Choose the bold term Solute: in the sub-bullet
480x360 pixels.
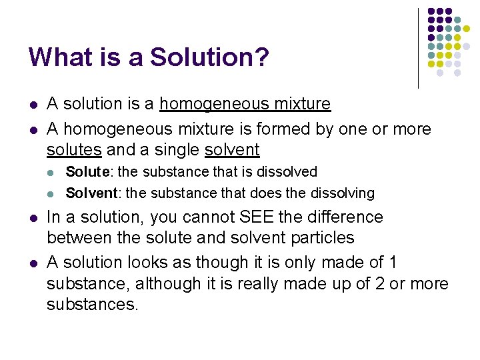click(90, 172)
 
